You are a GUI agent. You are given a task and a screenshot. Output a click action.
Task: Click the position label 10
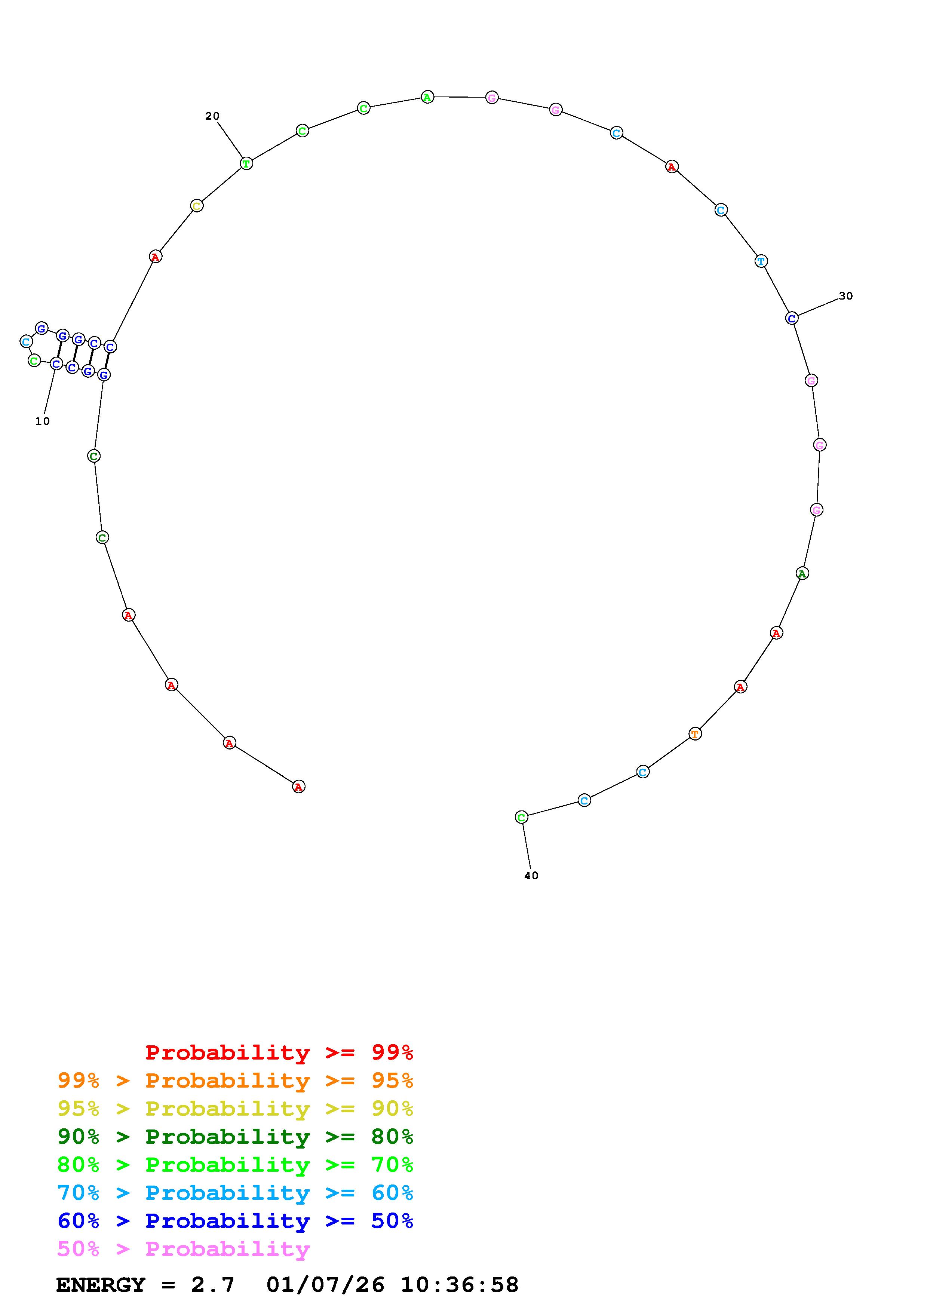tap(42, 421)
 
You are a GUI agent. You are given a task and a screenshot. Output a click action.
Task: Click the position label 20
tap(212, 116)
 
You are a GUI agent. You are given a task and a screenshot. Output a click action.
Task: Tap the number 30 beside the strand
tap(845, 295)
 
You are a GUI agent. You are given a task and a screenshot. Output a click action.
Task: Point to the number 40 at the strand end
tap(531, 876)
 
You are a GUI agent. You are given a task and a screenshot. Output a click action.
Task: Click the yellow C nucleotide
tap(196, 206)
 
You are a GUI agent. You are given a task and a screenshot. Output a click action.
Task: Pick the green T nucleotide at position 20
tap(246, 163)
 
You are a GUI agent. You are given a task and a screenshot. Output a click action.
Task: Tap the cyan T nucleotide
tap(761, 261)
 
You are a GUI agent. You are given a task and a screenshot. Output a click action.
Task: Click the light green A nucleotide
tap(427, 97)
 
